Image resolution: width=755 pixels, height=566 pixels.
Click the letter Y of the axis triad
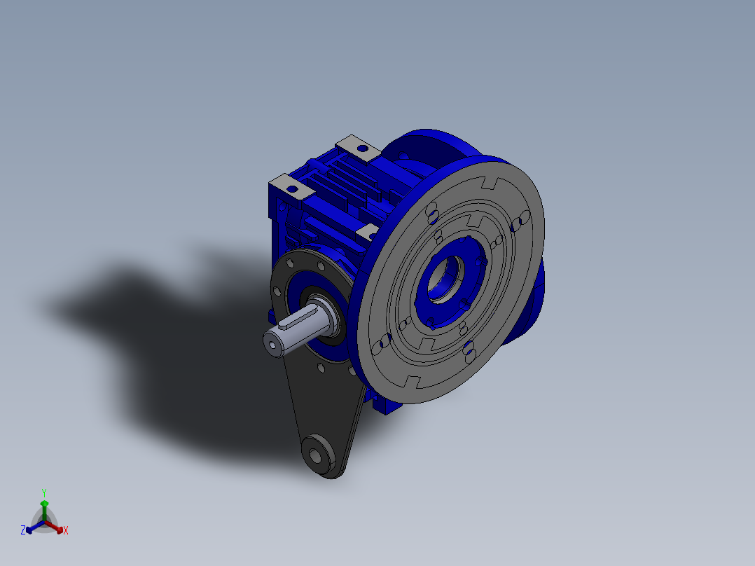[43, 492]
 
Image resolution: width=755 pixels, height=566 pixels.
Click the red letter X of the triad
[66, 530]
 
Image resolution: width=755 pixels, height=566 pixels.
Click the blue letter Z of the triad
[23, 530]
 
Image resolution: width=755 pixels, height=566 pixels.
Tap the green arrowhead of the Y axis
[44, 503]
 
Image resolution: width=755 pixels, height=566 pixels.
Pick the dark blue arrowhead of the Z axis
[30, 529]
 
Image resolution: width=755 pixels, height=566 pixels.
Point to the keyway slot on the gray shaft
[294, 324]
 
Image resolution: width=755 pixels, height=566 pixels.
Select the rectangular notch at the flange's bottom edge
[414, 382]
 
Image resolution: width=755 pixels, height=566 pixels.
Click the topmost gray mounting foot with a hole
[359, 146]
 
